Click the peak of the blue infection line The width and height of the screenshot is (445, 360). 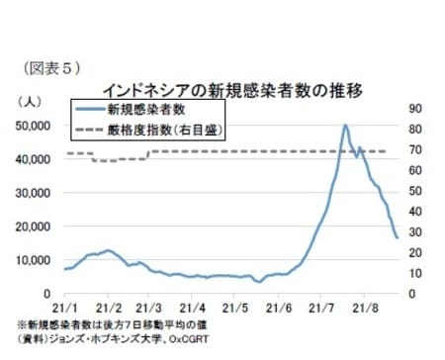pos(345,126)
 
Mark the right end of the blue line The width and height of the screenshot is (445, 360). pos(397,237)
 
